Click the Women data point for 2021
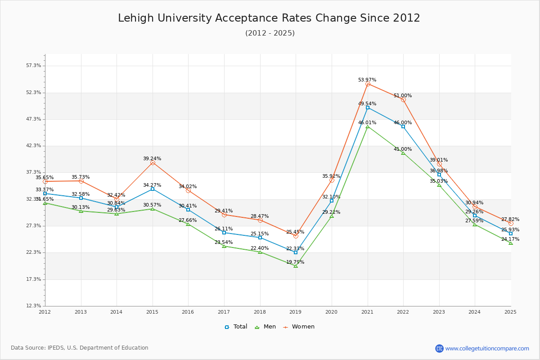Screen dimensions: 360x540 pyautogui.click(x=368, y=84)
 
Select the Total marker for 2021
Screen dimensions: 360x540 pyautogui.click(x=368, y=108)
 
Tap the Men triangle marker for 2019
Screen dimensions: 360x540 pyautogui.click(x=296, y=266)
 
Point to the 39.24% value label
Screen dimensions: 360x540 pyautogui.click(x=152, y=159)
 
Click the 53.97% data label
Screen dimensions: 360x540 pyautogui.click(x=367, y=80)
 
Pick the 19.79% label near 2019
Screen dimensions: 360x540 pyautogui.click(x=295, y=262)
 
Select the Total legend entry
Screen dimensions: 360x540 pyautogui.click(x=236, y=327)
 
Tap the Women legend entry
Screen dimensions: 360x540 pyautogui.click(x=299, y=327)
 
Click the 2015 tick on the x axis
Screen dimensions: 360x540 pyautogui.click(x=152, y=312)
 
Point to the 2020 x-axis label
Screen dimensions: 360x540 pyautogui.click(x=331, y=312)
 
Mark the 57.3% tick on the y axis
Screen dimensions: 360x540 pyautogui.click(x=34, y=66)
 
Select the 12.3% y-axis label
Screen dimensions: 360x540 pyautogui.click(x=34, y=306)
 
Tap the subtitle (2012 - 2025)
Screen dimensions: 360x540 pyautogui.click(x=270, y=33)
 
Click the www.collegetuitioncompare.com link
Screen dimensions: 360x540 pyautogui.click(x=487, y=348)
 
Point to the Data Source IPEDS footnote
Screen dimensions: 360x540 pyautogui.click(x=80, y=348)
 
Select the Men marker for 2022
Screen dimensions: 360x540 pyautogui.click(x=403, y=153)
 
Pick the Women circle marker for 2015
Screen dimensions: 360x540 pyautogui.click(x=153, y=163)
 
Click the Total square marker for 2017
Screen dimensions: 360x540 pyautogui.click(x=224, y=233)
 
